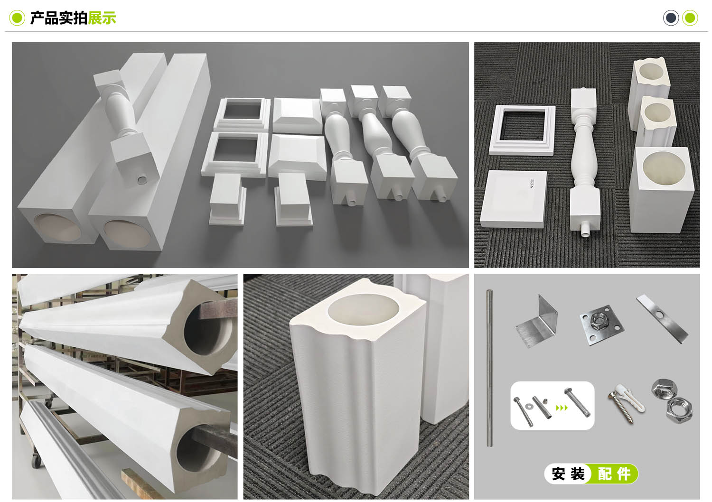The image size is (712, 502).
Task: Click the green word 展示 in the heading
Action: pyautogui.click(x=102, y=18)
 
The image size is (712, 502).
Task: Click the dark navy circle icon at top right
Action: pyautogui.click(x=671, y=18)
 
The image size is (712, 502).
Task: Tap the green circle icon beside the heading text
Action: pyautogui.click(x=17, y=18)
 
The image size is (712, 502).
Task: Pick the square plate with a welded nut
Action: pyautogui.click(x=601, y=325)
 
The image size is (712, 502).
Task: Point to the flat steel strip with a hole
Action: pyautogui.click(x=662, y=319)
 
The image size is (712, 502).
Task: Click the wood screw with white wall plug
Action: pyautogui.click(x=625, y=403)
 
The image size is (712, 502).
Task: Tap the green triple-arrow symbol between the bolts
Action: pyautogui.click(x=562, y=408)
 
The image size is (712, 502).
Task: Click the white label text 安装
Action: pyautogui.click(x=568, y=474)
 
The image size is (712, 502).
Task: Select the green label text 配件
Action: pyautogui.click(x=614, y=474)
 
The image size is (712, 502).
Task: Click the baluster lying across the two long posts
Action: pyautogui.click(x=127, y=127)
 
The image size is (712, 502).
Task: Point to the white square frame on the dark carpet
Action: pyautogui.click(x=522, y=130)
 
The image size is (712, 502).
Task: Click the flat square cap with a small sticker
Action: pyautogui.click(x=514, y=199)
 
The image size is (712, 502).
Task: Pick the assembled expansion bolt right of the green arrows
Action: pyautogui.click(x=577, y=402)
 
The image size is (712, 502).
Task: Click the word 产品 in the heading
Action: pyautogui.click(x=45, y=18)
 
